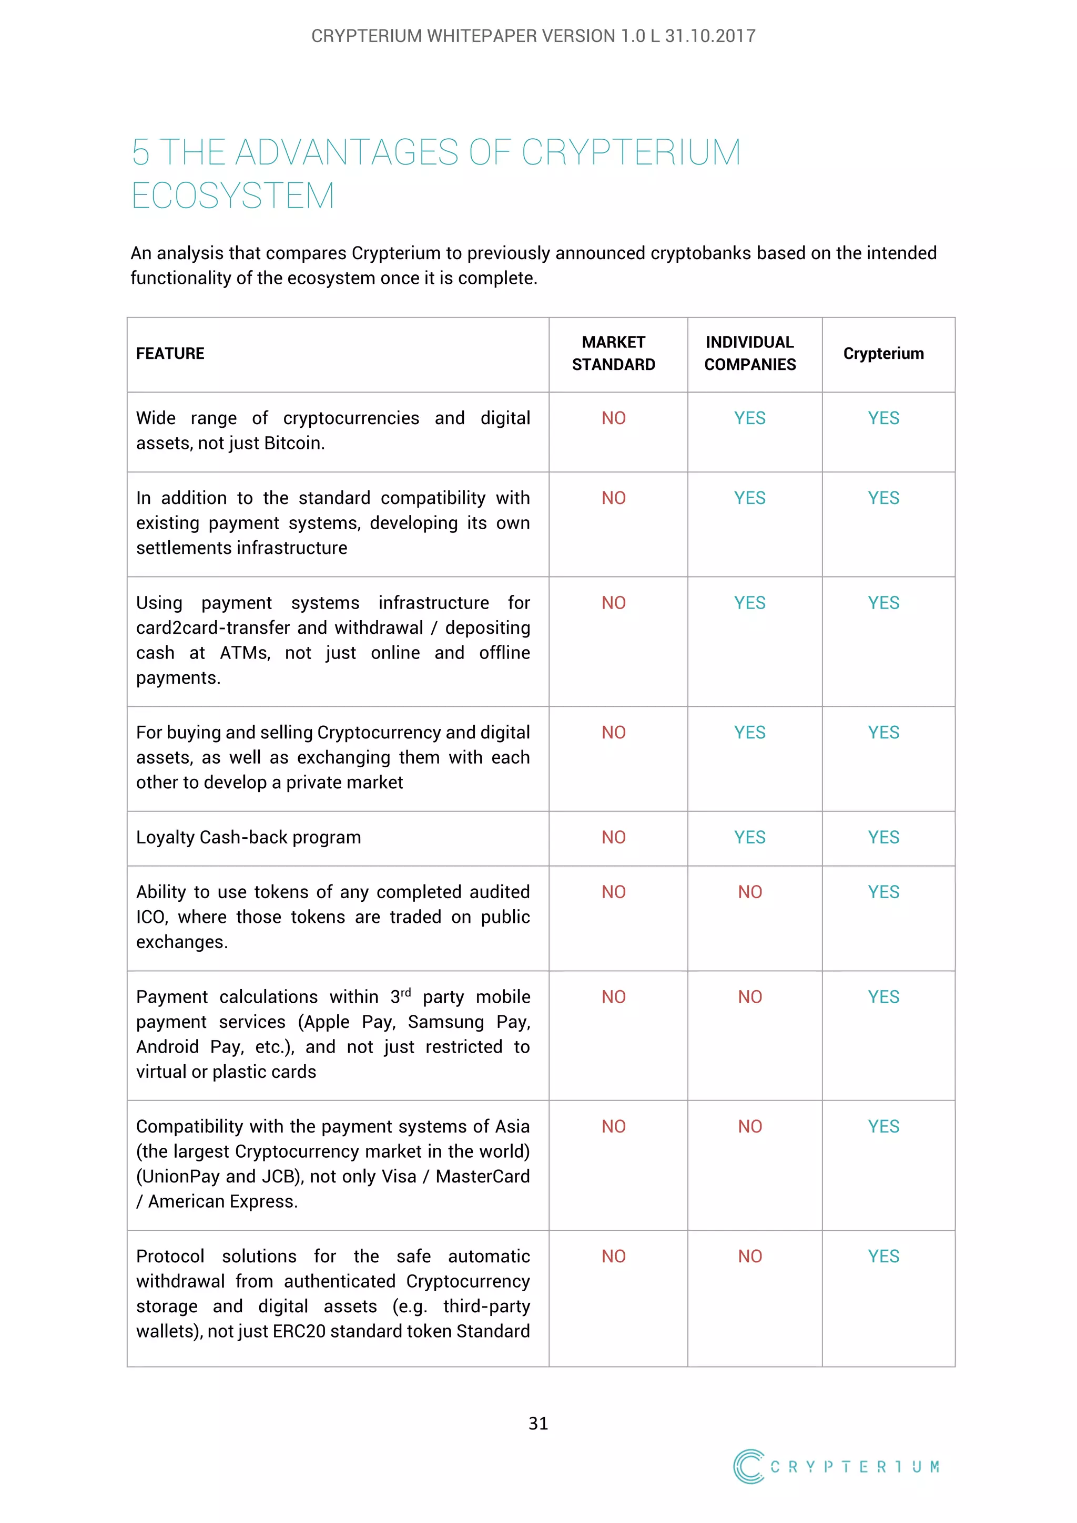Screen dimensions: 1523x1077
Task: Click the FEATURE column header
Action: pos(170,354)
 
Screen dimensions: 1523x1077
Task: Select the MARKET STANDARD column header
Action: pos(613,354)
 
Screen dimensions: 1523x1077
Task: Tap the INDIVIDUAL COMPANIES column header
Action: pos(749,354)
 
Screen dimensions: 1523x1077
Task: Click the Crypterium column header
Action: pos(883,354)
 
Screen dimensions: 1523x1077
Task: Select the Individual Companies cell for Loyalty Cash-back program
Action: pos(749,837)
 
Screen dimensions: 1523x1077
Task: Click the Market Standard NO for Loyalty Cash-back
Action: pos(613,837)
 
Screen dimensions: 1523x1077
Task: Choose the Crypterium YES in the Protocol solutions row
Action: pos(883,1257)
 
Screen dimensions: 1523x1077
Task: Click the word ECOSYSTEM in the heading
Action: pos(233,197)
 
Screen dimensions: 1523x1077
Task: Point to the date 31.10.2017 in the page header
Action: pos(710,36)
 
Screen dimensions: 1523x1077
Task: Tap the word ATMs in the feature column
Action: pos(245,653)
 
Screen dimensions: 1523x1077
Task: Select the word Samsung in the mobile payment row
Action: pos(446,1022)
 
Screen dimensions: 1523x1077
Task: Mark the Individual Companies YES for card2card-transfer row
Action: pos(749,603)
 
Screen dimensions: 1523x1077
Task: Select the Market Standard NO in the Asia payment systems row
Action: pos(613,1126)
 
